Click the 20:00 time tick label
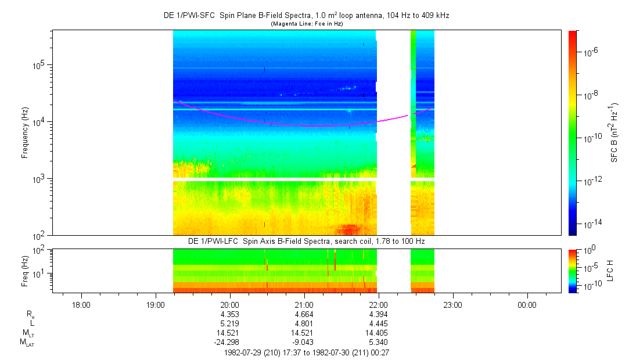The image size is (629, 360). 230,304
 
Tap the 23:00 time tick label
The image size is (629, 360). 452,304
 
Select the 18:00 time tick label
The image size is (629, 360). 81,304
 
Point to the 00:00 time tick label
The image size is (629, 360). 527,304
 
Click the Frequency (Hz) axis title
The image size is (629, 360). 25,133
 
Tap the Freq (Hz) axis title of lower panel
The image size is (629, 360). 25,270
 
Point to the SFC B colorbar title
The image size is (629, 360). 614,133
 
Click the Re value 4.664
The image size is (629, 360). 304,314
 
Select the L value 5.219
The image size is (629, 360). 230,323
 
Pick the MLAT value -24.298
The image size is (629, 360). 230,342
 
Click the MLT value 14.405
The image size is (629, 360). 378,333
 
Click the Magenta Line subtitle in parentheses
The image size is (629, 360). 306,23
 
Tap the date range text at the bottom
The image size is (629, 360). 306,352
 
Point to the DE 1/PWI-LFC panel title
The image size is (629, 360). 306,240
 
